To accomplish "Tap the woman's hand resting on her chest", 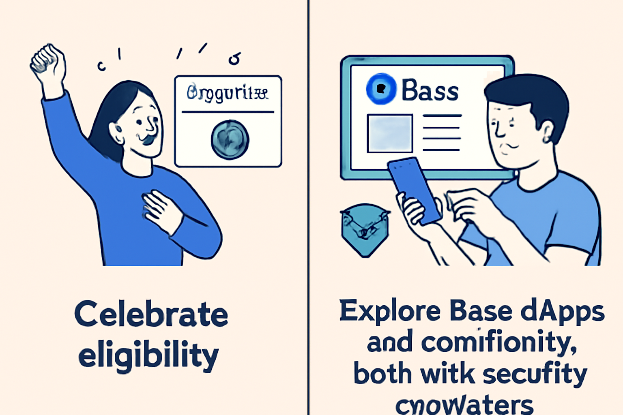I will point(160,211).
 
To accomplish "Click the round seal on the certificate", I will point(230,140).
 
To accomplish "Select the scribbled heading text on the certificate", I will point(228,93).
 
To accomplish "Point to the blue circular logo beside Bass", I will point(381,89).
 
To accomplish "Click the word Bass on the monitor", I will point(430,90).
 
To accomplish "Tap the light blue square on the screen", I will point(390,133).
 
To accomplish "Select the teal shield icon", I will point(365,229).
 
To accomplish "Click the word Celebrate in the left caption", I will point(151,314).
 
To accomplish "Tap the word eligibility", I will point(148,355).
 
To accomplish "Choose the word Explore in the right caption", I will point(390,311).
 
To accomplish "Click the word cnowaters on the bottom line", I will point(464,404).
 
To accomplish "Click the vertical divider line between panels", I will point(308,203).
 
